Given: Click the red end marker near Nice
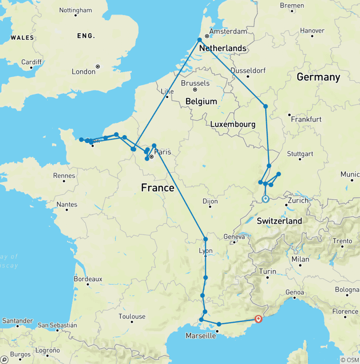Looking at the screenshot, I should (258, 319).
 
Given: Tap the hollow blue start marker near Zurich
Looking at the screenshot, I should (265, 199).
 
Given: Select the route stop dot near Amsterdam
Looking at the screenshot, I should (200, 40).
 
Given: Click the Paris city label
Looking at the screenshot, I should (163, 152).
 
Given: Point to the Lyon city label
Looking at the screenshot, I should (206, 251).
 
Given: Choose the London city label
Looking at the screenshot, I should (83, 72).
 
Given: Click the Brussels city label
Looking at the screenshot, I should (195, 83).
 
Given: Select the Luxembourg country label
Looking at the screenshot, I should (232, 124).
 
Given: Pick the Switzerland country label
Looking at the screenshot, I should (279, 221).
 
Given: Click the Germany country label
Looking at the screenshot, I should (318, 77).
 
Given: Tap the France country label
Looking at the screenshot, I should (157, 188).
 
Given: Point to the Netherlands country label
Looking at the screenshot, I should (223, 48).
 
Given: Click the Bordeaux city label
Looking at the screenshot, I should (88, 279).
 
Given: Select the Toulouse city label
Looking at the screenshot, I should (132, 317).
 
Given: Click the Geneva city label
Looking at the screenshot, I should (234, 237).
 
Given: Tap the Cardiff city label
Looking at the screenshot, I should (31, 62).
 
